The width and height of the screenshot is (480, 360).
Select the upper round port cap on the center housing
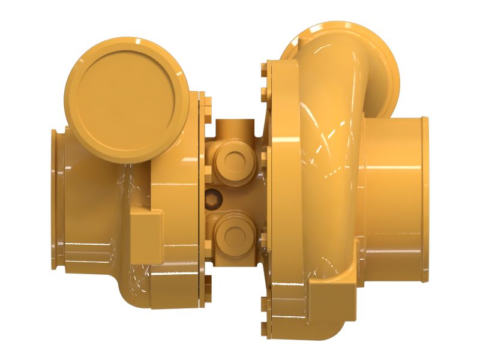coord(231,158)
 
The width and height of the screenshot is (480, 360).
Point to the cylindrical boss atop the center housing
coord(234,129)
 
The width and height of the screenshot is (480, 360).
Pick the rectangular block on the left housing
coord(146,237)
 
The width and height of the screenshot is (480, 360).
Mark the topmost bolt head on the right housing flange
coord(265,64)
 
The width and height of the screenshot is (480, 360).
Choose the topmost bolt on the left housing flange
coord(202,97)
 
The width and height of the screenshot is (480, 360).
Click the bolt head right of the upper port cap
coord(263,157)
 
